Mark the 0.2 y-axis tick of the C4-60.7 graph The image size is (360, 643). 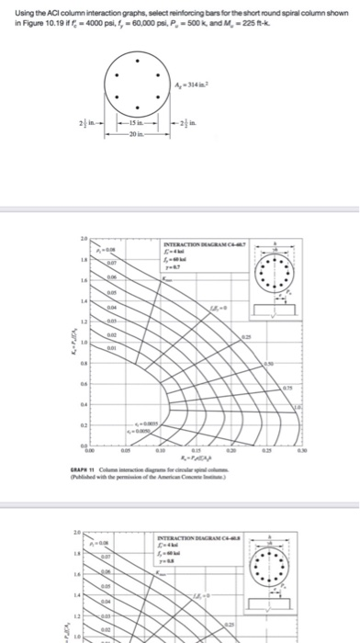pyautogui.click(x=84, y=424)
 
